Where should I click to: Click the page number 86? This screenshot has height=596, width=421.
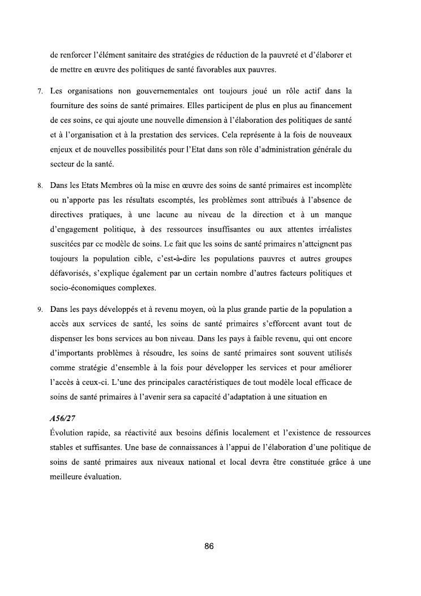coord(209,546)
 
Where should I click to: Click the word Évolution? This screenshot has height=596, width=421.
coord(68,433)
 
